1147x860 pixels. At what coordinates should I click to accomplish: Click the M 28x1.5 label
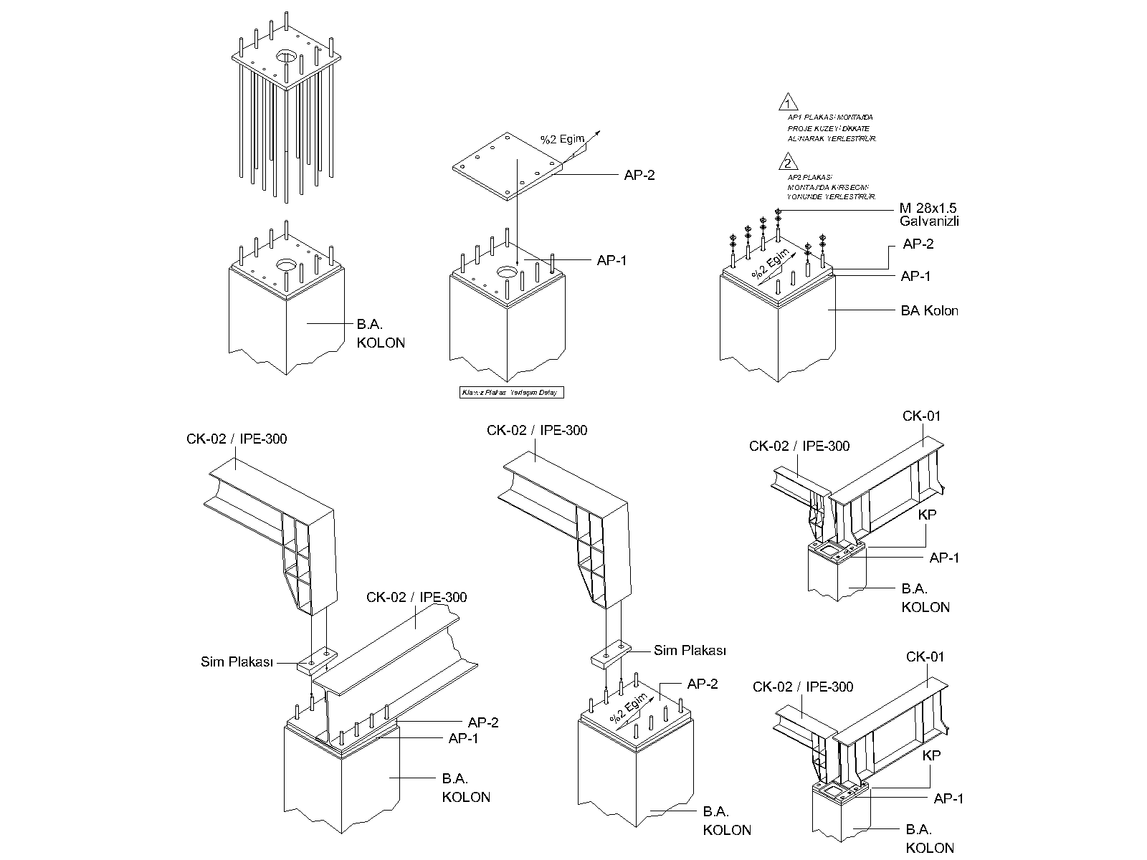928,208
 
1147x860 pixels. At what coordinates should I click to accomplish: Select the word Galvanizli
929,221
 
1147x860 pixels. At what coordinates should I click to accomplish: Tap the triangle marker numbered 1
789,101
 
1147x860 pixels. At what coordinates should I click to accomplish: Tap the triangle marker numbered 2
789,161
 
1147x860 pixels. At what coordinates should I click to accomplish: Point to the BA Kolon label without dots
929,311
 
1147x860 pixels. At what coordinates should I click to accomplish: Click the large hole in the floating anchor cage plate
286,56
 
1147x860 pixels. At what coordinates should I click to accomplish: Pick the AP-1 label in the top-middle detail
611,261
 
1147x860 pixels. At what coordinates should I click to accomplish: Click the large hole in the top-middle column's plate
508,273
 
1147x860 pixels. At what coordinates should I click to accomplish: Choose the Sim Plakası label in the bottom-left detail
237,662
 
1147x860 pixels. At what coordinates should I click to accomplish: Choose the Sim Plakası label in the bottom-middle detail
690,651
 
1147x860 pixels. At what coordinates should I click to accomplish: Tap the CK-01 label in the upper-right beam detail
921,416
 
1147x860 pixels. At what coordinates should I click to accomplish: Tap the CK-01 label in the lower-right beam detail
925,657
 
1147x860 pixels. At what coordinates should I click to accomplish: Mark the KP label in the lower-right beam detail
931,755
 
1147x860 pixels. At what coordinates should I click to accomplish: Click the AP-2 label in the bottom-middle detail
702,684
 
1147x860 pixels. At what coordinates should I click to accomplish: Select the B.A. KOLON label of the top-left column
381,334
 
